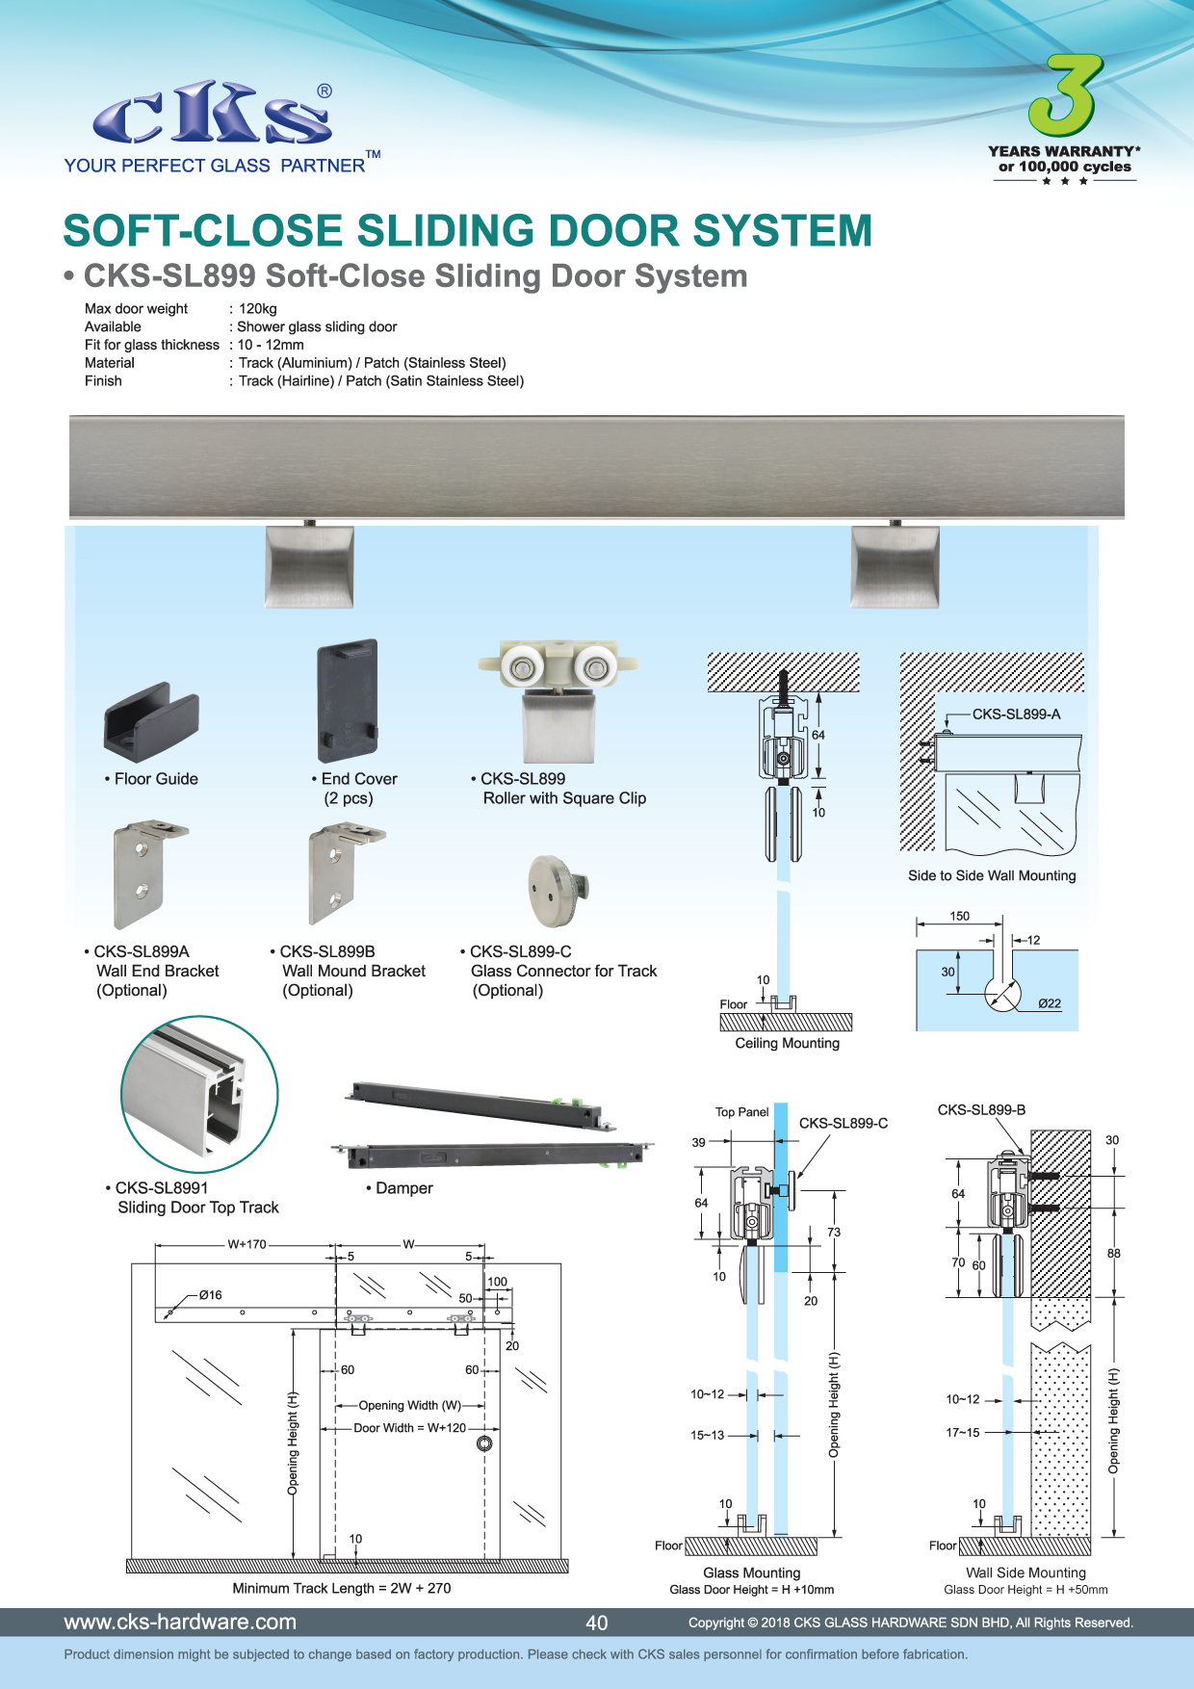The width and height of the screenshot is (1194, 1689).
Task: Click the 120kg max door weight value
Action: click(x=258, y=309)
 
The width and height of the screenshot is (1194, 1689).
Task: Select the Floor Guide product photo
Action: click(x=151, y=721)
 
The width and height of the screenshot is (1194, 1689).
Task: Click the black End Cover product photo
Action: click(x=348, y=700)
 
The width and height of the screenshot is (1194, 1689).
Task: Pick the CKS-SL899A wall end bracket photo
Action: click(x=144, y=872)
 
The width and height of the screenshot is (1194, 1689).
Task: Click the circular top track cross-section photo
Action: click(x=199, y=1094)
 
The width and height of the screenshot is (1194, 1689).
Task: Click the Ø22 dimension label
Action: click(x=1050, y=1003)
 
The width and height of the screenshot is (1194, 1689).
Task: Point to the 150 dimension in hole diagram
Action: click(x=960, y=916)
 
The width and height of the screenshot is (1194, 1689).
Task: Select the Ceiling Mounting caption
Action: click(x=787, y=1043)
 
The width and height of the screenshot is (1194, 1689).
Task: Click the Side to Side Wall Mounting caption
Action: click(x=992, y=875)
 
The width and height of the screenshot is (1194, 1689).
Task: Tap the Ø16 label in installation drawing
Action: click(x=210, y=1295)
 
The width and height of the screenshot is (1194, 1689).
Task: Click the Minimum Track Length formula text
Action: click(x=342, y=1588)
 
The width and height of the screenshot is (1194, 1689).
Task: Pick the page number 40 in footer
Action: click(x=597, y=1623)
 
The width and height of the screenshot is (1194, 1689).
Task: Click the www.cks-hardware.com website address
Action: click(x=180, y=1622)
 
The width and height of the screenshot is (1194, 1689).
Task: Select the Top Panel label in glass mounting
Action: click(x=741, y=1112)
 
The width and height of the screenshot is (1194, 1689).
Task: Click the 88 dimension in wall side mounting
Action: click(x=1113, y=1254)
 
